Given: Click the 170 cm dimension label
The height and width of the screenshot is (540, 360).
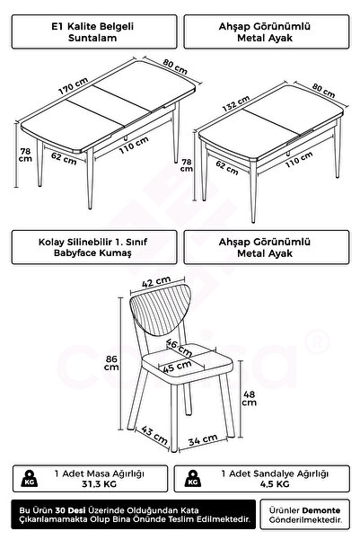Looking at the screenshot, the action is [x=73, y=85].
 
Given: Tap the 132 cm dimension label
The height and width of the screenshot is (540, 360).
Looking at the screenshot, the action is [x=236, y=103].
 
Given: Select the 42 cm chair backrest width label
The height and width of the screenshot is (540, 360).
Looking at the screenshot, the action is [x=156, y=282].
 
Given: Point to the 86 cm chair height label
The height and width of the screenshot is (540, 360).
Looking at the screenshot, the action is [x=111, y=363].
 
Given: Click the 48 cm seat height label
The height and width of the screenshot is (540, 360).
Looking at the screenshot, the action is [x=250, y=398].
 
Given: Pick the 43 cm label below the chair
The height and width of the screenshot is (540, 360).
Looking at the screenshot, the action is [x=154, y=435].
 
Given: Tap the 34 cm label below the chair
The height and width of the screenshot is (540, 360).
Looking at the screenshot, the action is [x=203, y=439].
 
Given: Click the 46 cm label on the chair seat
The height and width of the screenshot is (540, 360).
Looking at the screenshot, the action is [x=179, y=348].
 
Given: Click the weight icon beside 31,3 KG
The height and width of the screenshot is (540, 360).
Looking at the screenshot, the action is [x=30, y=478].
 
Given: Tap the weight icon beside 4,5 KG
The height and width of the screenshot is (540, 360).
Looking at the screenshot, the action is [x=193, y=478].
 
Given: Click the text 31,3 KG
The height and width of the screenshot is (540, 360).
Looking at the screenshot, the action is [x=99, y=484].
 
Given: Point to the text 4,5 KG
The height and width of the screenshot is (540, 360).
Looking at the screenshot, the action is [x=275, y=484].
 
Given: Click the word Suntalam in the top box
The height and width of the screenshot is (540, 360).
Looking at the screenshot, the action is [x=92, y=38].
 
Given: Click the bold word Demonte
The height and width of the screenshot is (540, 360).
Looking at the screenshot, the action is [x=321, y=510].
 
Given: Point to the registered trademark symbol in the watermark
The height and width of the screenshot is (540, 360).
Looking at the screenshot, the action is [x=317, y=342].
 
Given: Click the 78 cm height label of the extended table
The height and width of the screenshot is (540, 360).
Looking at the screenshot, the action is [x=25, y=155].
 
